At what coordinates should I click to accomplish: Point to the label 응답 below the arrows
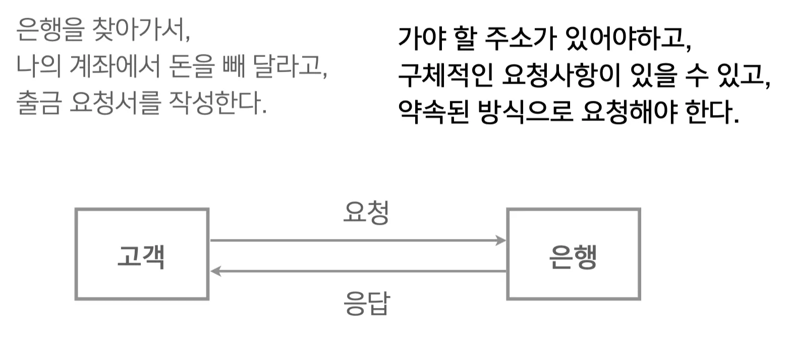pyautogui.click(x=367, y=303)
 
